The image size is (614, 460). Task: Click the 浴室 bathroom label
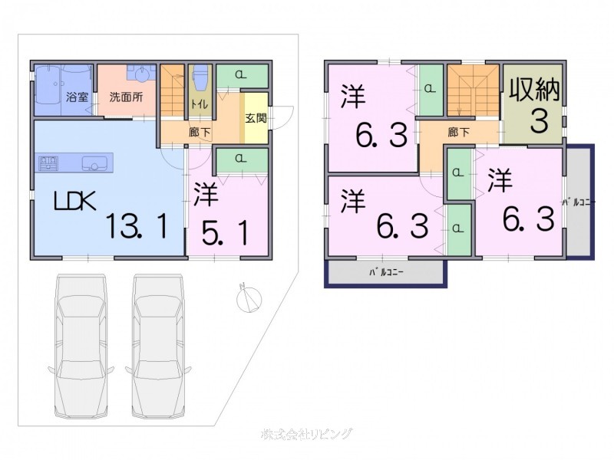tap(77, 97)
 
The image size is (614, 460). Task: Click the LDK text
tap(74, 202)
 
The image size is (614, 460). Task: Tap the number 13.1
tap(137, 226)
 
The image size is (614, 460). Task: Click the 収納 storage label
tap(534, 90)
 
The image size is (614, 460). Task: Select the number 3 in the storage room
tap(538, 121)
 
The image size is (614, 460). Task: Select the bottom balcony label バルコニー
tap(386, 272)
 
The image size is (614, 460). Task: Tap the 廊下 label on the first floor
tap(198, 132)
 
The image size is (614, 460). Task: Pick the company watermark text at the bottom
tap(307, 435)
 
